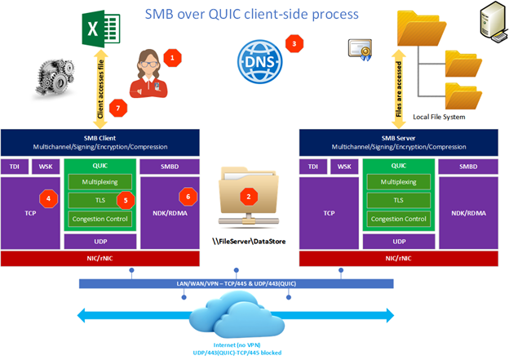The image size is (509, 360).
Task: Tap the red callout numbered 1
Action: (x=172, y=57)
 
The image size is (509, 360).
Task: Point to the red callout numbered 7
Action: (x=120, y=107)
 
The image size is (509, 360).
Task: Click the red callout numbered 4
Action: (x=49, y=198)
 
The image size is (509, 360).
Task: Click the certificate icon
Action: (x=360, y=48)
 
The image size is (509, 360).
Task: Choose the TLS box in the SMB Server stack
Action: (x=397, y=199)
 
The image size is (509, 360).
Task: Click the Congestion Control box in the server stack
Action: (x=397, y=219)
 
